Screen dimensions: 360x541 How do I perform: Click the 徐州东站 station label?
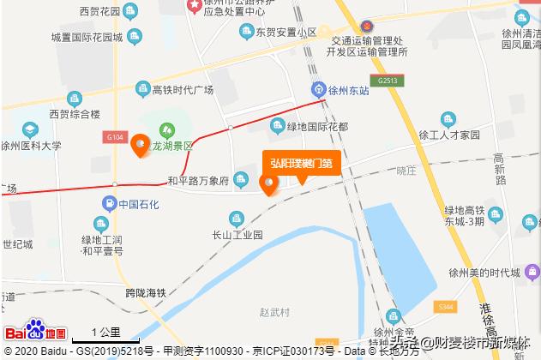coord(352,89)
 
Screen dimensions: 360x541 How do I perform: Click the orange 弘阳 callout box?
coord(301,163)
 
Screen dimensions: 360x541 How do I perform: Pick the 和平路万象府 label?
coord(198,181)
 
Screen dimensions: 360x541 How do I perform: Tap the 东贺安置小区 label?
coord(286,33)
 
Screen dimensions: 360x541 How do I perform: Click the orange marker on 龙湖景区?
coord(139,147)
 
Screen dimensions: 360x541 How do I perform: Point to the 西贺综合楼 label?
coord(75,113)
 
